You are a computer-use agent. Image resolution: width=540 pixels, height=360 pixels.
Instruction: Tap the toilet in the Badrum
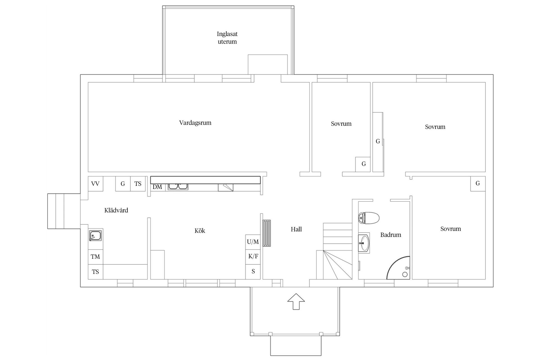coord(369,218)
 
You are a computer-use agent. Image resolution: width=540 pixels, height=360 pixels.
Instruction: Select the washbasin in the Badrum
coord(364,243)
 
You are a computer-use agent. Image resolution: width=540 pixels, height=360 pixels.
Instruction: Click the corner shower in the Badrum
coord(399,268)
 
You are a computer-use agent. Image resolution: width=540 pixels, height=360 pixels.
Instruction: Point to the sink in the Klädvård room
coord(95,236)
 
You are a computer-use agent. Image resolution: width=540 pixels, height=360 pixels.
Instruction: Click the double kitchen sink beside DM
coord(178,186)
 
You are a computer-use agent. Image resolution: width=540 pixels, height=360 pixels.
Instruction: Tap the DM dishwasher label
coord(157,187)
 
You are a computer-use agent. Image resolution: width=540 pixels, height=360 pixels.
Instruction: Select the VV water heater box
coord(95,184)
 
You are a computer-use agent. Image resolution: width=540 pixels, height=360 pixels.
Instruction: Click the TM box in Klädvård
coord(95,257)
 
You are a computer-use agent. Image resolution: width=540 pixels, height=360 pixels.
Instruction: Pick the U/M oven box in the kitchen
coord(253,242)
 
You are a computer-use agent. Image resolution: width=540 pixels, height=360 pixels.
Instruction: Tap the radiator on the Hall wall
coord(267,233)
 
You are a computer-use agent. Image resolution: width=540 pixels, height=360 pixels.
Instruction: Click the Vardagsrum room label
coord(195,123)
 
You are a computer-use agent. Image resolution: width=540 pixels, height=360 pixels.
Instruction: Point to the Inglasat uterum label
coord(227,38)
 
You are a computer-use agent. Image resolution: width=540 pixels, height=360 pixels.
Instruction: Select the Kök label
coord(200,231)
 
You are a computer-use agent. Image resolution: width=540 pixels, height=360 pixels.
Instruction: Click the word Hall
coord(296,229)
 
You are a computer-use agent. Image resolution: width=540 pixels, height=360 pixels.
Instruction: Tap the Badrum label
coord(391,235)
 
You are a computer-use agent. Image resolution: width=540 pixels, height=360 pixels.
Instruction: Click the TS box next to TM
coord(95,272)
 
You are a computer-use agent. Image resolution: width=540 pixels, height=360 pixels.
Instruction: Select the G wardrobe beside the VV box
coord(123,184)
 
